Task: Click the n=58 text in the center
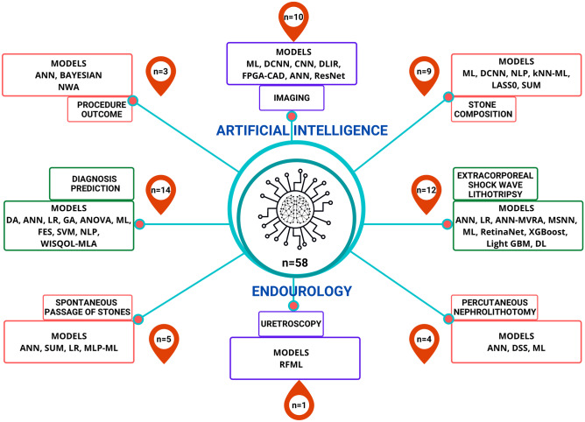292,260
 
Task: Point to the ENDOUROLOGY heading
292,292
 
